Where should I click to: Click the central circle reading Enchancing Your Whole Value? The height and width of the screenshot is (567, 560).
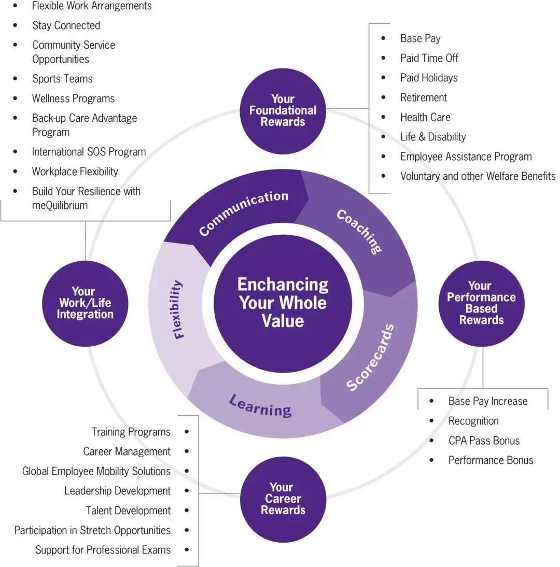[283, 303]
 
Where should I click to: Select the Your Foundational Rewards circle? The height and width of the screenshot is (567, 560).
[283, 110]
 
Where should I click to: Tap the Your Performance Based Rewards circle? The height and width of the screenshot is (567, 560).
[481, 303]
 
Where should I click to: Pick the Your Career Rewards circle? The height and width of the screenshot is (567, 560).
[283, 499]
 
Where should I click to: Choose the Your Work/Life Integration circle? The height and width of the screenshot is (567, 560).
[85, 303]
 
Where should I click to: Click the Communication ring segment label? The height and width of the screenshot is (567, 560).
[243, 212]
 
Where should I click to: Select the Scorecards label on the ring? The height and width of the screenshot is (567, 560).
[370, 358]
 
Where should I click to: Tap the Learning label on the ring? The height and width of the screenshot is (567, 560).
[260, 406]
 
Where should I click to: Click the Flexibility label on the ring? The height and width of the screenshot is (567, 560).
[178, 309]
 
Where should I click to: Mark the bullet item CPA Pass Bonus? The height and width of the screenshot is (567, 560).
[483, 441]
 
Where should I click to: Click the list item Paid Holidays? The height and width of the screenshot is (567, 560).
[428, 78]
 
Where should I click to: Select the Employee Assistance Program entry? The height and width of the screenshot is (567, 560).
[466, 157]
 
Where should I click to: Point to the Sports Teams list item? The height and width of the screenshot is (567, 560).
[62, 79]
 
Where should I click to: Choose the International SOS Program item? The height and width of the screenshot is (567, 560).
[89, 152]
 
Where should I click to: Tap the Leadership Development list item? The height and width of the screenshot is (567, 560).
[117, 491]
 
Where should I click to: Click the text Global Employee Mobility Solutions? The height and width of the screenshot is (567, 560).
[96, 471]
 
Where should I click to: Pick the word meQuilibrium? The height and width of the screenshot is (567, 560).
[60, 205]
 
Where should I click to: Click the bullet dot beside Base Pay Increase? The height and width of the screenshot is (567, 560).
[431, 401]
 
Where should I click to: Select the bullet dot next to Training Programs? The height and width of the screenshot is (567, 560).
[187, 432]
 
